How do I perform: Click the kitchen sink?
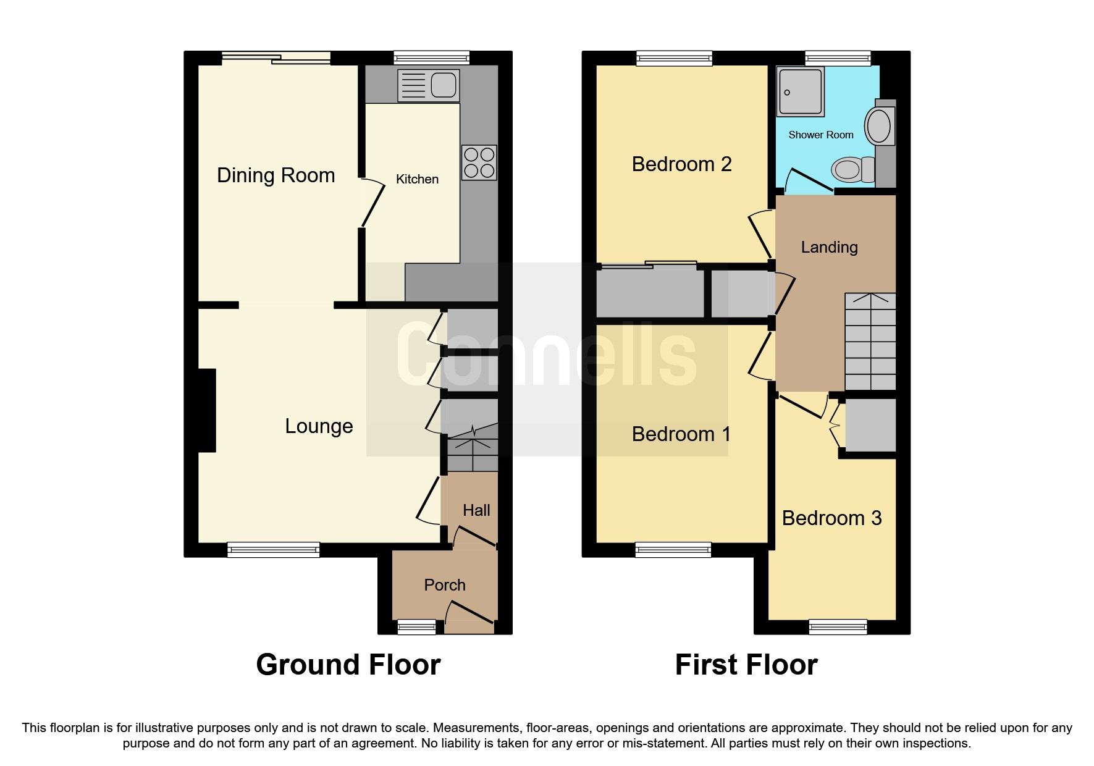click(429, 85)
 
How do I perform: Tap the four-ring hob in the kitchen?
click(479, 162)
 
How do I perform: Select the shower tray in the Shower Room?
click(801, 91)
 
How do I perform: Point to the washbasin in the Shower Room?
click(878, 126)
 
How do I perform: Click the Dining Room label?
click(276, 175)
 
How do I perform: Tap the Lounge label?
click(319, 426)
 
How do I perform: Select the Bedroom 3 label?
click(831, 518)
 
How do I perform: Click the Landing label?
click(829, 248)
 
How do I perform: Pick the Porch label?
click(445, 585)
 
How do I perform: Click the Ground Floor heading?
click(348, 665)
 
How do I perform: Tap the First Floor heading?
click(746, 665)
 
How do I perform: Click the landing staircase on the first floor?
click(870, 342)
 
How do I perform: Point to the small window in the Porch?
click(416, 628)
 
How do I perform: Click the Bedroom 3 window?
click(838, 628)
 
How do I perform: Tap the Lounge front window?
click(273, 550)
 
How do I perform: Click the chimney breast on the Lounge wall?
click(206, 410)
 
